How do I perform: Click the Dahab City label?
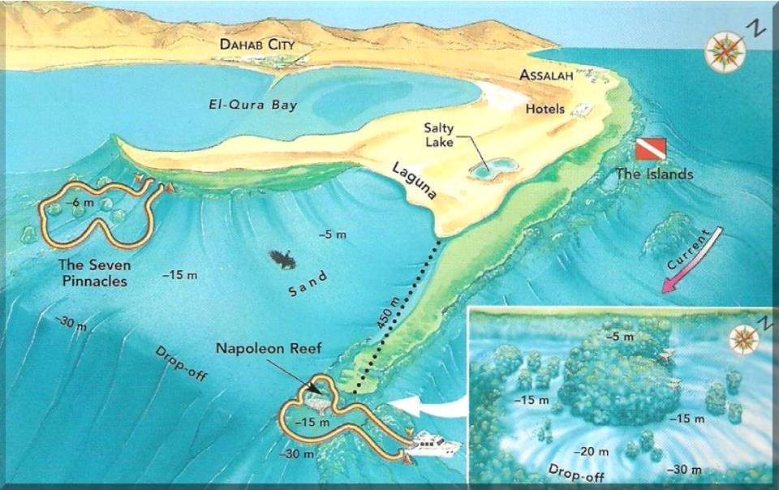click(257, 45)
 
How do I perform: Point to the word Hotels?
click(545, 109)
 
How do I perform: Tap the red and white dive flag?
click(650, 148)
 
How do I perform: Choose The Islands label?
click(654, 174)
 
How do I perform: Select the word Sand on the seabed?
click(308, 286)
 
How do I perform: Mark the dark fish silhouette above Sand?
click(283, 258)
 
